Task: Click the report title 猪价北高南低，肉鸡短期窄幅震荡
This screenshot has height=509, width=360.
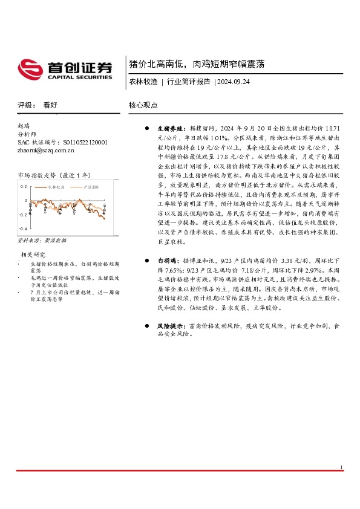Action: point(196,63)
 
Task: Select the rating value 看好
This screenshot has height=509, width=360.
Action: point(50,105)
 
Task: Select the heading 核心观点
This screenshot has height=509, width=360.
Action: point(143,105)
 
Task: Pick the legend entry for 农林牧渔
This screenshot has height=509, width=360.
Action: point(55,188)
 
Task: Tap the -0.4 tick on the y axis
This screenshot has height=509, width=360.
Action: point(22,229)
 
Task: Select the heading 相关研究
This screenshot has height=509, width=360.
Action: point(34,254)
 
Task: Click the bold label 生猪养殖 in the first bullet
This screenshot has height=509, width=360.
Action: point(170,129)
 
